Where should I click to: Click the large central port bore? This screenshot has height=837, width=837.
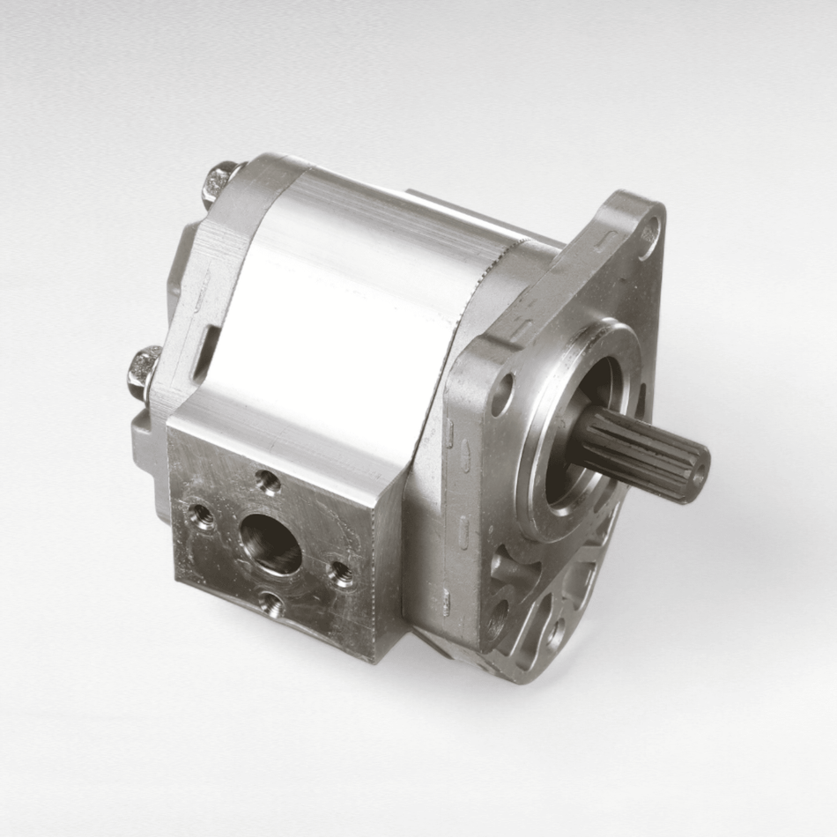pyautogui.click(x=270, y=544)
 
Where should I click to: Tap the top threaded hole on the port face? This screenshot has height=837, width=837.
pyautogui.click(x=268, y=480)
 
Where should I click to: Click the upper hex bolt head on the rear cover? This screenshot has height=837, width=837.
pyautogui.click(x=220, y=181)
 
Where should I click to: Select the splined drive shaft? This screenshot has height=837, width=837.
pyautogui.click(x=643, y=456)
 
